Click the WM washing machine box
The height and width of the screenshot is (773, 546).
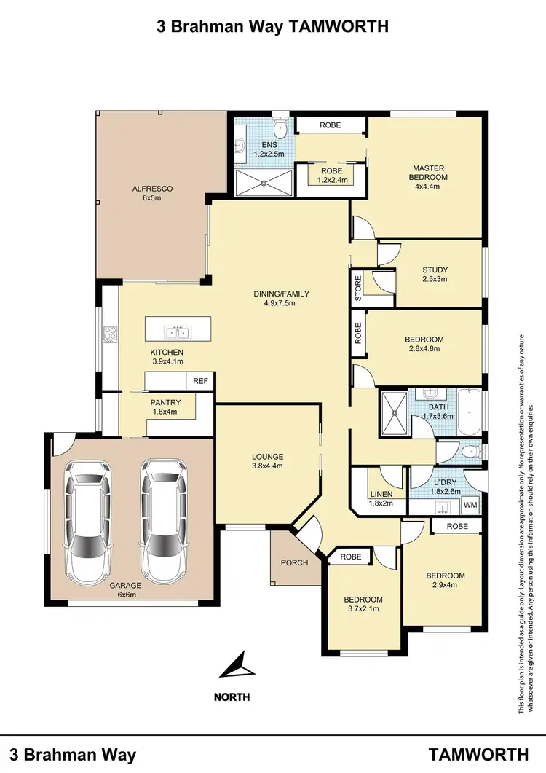point(470,504)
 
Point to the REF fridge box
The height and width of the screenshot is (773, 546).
point(199,381)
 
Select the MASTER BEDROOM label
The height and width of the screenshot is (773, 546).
point(427,172)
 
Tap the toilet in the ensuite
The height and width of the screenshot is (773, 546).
point(280,129)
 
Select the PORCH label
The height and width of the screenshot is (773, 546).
point(295,562)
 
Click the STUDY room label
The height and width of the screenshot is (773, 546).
point(435,270)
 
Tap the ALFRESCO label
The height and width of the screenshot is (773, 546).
point(152,189)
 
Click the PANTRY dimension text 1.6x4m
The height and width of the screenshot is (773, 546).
point(165,412)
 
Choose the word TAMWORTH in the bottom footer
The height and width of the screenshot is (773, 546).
point(478,753)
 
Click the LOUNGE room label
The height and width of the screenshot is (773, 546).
point(267,457)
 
